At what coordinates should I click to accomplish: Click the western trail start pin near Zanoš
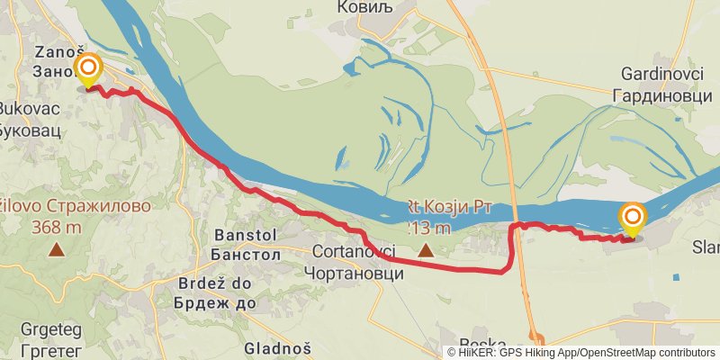(x=88, y=69)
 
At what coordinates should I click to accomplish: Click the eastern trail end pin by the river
(x=633, y=217)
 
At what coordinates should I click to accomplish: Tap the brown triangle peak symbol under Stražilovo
(x=56, y=249)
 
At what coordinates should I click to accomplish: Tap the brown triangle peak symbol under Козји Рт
(x=425, y=249)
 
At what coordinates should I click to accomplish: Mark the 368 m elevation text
(x=56, y=227)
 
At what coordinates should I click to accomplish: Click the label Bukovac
(x=29, y=107)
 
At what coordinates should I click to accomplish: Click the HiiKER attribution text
(x=581, y=352)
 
